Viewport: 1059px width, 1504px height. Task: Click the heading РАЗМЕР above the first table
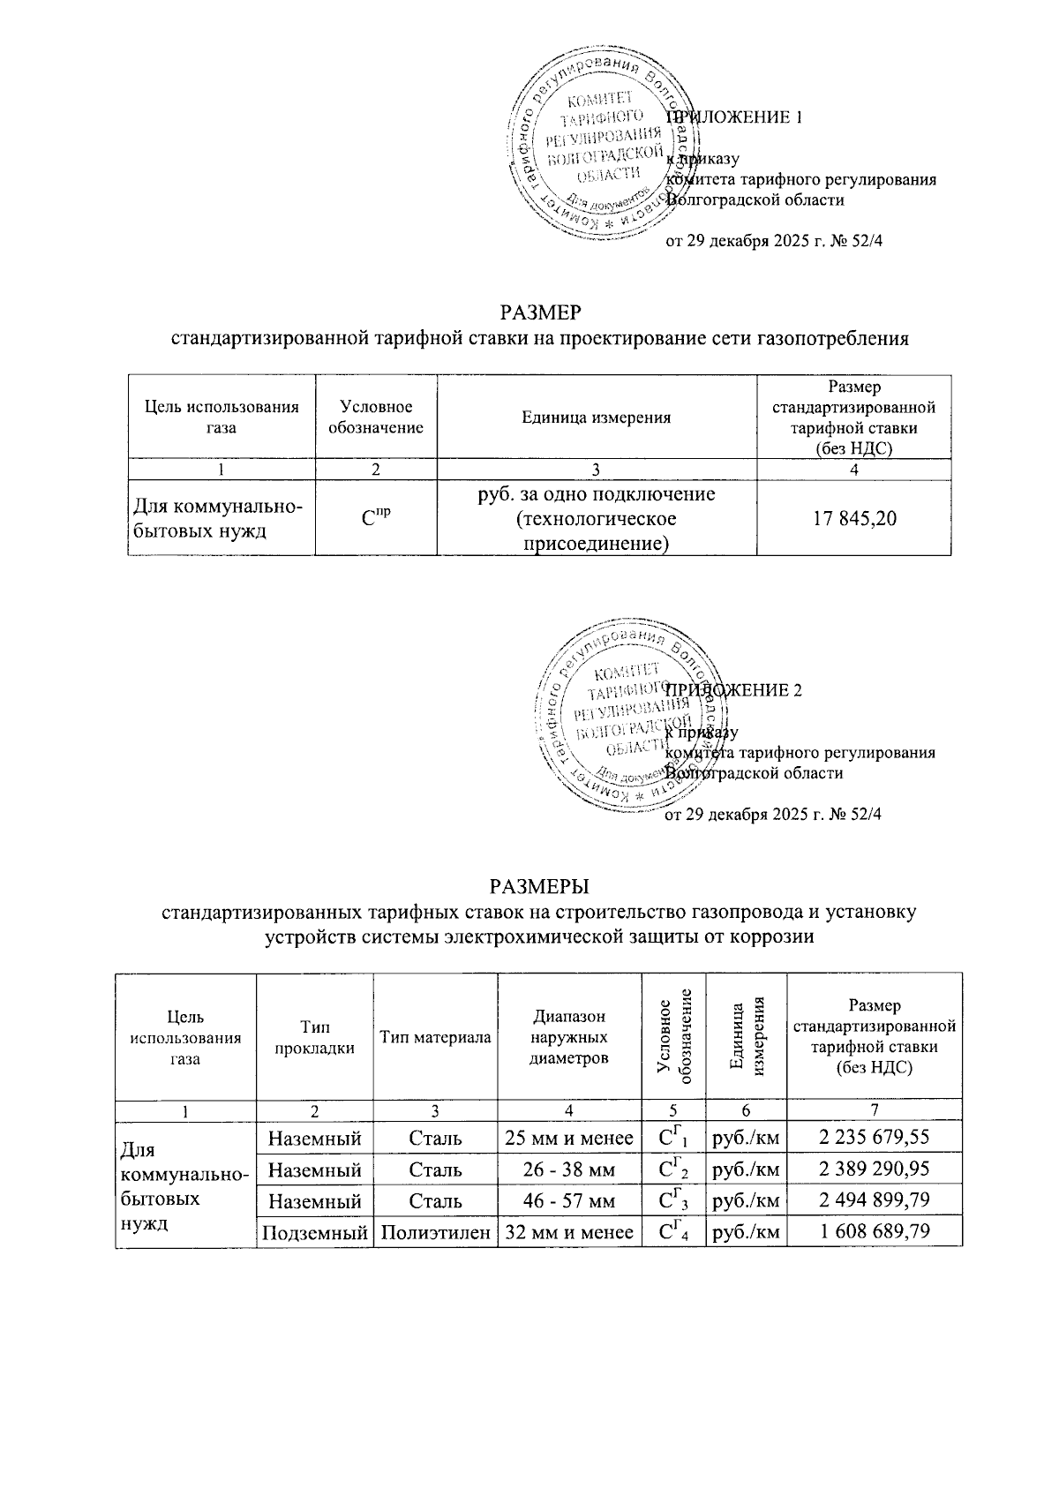pos(540,313)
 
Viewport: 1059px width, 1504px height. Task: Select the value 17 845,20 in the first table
pos(853,518)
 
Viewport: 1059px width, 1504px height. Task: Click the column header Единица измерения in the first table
pos(597,417)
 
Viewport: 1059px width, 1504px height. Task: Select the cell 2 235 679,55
pos(874,1138)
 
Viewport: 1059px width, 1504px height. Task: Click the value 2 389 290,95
pos(874,1169)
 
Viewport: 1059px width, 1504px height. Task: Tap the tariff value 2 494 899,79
pos(874,1201)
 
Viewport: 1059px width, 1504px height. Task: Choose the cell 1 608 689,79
pos(874,1232)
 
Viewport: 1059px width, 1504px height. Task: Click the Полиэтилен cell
pos(435,1232)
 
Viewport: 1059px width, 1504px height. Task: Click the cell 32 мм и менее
pos(569,1232)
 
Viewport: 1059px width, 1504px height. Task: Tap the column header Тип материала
pos(435,1037)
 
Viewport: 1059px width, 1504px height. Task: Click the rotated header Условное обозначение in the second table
pos(674,1037)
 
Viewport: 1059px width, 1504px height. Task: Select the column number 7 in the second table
pos(874,1109)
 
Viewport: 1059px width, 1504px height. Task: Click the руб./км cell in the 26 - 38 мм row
pos(746,1169)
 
